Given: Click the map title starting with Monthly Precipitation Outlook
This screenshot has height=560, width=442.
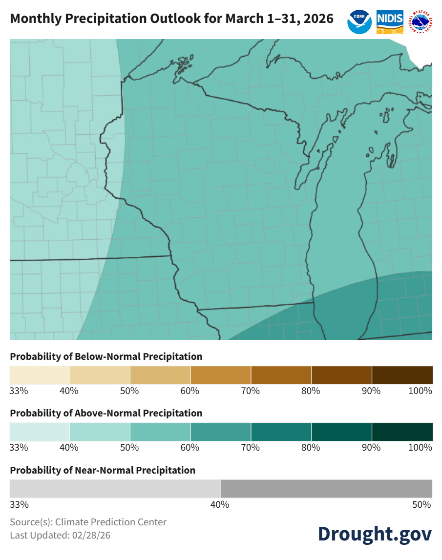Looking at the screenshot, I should (171, 19).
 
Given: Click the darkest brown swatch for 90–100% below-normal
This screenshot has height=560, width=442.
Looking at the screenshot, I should (402, 375).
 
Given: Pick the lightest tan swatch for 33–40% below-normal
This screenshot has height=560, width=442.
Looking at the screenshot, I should (40, 375).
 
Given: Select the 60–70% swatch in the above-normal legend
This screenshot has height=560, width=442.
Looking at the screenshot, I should (221, 432).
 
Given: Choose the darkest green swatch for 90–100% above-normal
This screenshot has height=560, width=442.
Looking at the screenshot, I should (402, 432).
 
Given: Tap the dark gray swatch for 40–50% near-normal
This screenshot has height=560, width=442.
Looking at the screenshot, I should (326, 489).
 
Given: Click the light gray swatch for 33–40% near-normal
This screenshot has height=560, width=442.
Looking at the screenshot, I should (115, 489).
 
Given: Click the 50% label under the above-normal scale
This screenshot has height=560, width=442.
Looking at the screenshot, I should (129, 448).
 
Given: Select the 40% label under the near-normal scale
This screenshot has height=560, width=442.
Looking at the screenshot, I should (220, 505).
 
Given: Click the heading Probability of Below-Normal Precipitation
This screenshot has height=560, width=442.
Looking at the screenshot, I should (106, 356).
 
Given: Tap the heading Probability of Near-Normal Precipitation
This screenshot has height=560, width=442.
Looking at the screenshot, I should (103, 470).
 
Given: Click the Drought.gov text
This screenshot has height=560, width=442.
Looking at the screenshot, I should (375, 533).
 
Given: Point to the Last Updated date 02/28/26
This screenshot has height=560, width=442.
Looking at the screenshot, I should (90, 535).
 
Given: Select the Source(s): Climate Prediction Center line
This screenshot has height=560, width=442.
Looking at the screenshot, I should (88, 522).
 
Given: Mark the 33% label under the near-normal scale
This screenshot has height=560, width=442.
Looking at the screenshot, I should (19, 505).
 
